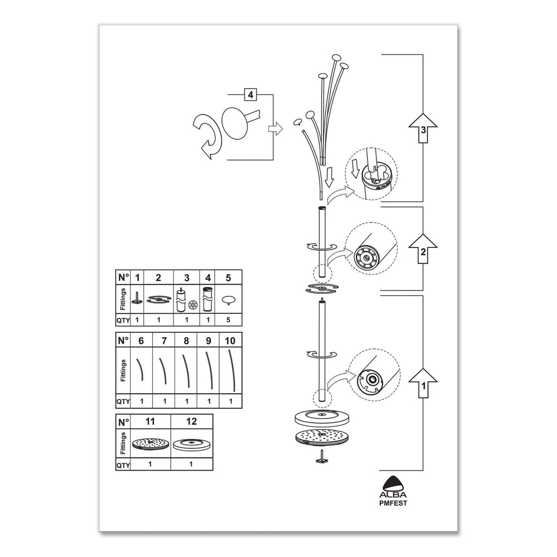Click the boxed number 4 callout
[250, 95]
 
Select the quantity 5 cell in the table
[228, 320]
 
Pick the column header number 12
[191, 421]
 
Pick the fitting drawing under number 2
[158, 299]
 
